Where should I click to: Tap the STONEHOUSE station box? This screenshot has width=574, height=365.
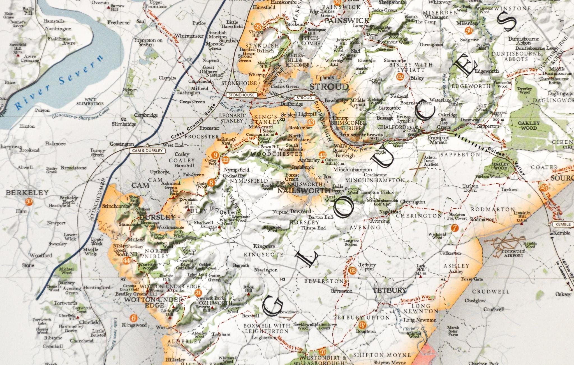241,95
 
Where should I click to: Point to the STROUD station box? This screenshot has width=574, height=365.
304,98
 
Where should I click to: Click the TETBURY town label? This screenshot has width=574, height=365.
389,290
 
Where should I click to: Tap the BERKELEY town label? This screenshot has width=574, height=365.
27,193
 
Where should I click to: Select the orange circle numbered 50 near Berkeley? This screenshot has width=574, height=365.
29,202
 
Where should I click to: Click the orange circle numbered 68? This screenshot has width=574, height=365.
353,271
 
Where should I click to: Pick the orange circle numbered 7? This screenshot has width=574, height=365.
455,228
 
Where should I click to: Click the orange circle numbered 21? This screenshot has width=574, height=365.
198,293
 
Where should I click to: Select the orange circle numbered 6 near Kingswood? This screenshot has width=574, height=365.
134,318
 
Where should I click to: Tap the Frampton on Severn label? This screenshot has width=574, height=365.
148,42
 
